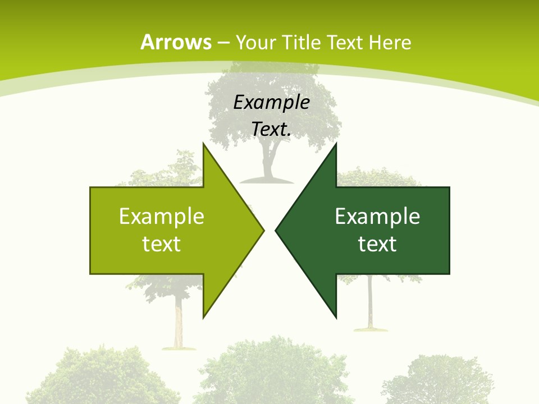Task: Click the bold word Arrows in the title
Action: [176, 42]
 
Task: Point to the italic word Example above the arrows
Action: [272, 102]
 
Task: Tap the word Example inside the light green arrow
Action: [162, 216]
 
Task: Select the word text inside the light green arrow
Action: [162, 244]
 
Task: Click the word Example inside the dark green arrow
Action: [377, 216]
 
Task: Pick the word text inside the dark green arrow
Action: [377, 244]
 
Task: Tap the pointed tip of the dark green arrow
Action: [277, 230]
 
